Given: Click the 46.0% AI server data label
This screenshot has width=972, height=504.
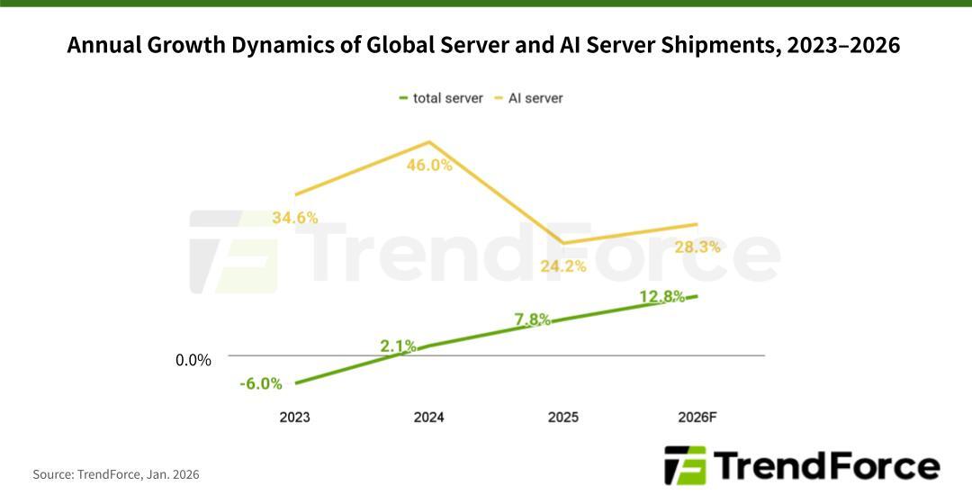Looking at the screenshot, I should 428,166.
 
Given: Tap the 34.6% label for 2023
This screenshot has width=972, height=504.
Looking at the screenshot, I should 294,218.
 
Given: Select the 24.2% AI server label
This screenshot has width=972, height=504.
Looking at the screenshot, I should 563,266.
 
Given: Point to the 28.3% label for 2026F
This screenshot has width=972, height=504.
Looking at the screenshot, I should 697,247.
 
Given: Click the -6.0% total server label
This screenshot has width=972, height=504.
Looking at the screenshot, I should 261,384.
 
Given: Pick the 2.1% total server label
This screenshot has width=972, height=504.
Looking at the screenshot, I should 398,346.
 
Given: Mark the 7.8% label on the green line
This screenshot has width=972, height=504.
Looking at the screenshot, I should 533,319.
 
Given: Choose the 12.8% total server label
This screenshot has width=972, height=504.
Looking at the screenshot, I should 662,297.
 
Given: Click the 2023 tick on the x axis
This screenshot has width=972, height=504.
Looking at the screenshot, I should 294,418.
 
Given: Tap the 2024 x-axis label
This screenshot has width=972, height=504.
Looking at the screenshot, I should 428,418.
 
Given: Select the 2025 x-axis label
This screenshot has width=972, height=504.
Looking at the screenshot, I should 563,418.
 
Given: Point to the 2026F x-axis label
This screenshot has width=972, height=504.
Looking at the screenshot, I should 698,418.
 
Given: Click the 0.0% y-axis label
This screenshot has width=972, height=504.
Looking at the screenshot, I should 193,361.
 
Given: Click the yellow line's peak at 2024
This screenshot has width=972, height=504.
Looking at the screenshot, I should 429,142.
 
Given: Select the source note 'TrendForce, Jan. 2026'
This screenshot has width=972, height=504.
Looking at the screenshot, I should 139,474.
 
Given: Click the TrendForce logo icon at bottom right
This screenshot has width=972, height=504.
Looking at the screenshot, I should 685,465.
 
